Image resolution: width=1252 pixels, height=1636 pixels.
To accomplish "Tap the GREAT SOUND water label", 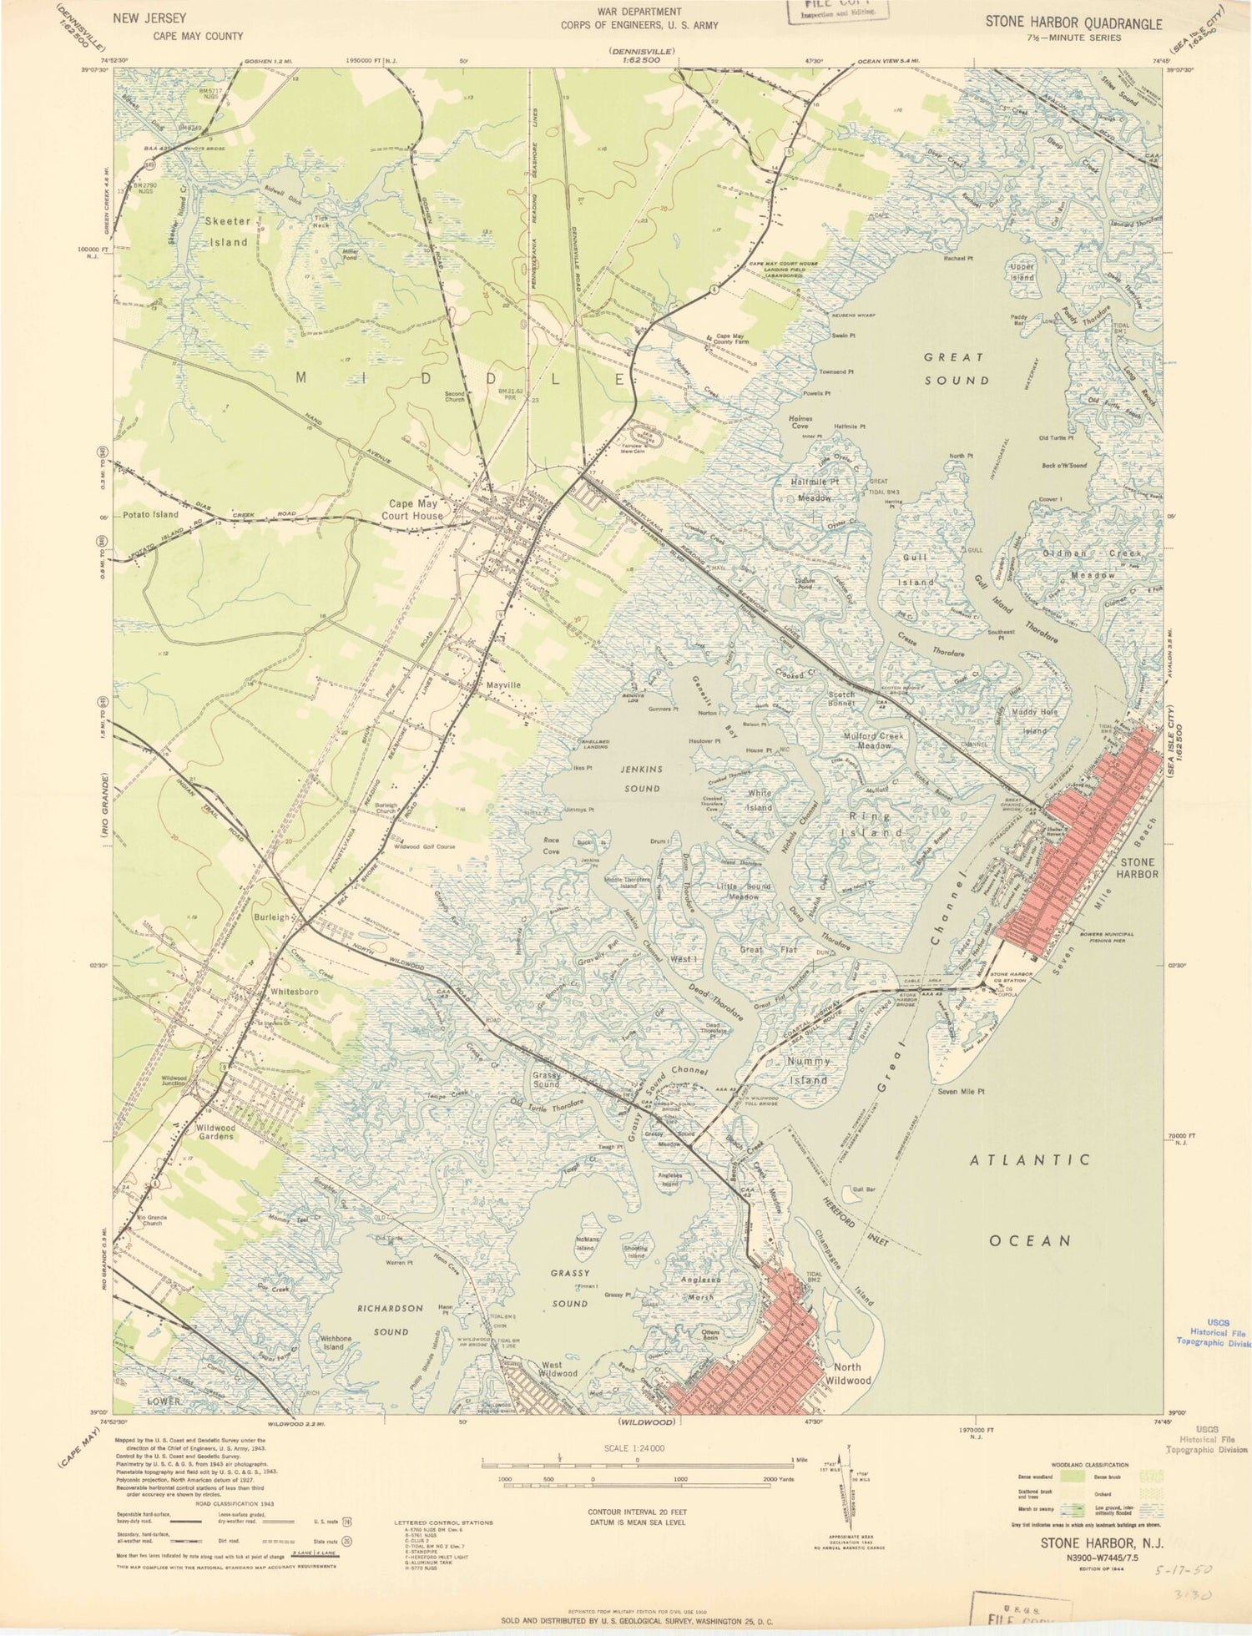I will coord(957,368).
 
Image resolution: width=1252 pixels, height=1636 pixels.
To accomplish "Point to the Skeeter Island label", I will coord(228,231).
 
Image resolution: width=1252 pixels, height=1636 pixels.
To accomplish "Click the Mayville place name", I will coord(503,684).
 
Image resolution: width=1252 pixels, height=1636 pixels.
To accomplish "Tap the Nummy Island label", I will coord(809,1070).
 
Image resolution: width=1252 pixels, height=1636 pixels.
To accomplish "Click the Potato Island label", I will coord(150,514).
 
